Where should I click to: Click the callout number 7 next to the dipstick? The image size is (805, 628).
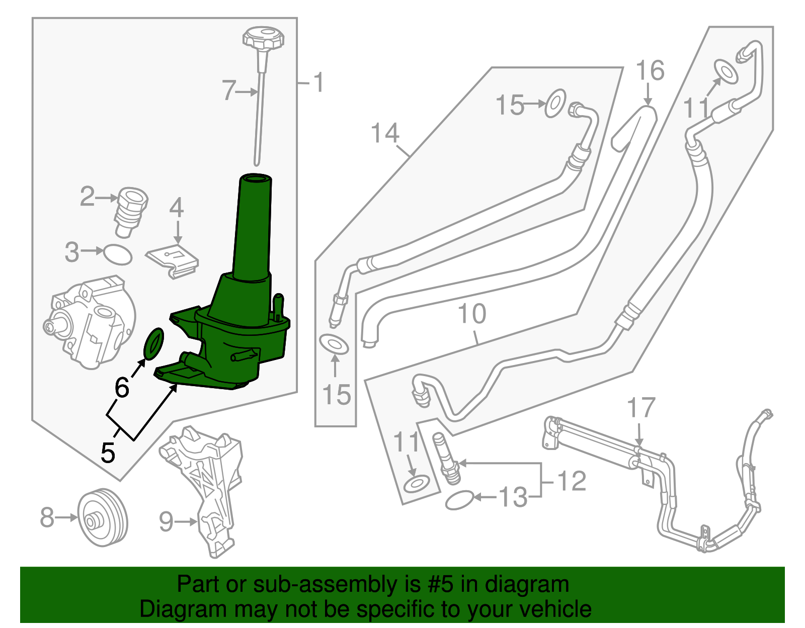click(229, 91)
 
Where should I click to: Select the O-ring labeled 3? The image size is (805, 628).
click(118, 254)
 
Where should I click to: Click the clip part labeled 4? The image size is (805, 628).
click(173, 260)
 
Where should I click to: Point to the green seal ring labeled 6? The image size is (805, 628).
click(154, 344)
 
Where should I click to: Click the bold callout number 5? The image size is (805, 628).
click(108, 453)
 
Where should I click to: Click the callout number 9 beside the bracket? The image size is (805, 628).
click(166, 521)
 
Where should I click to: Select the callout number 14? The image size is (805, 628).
click(385, 134)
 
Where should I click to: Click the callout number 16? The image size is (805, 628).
click(650, 70)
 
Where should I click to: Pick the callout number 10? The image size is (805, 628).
click(472, 314)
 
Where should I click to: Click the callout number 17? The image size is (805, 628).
click(641, 408)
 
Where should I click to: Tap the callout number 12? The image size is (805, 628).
click(572, 481)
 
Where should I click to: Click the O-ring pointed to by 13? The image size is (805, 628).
click(459, 500)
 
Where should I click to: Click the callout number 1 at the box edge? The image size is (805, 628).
click(318, 82)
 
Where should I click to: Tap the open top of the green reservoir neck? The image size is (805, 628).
click(255, 178)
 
